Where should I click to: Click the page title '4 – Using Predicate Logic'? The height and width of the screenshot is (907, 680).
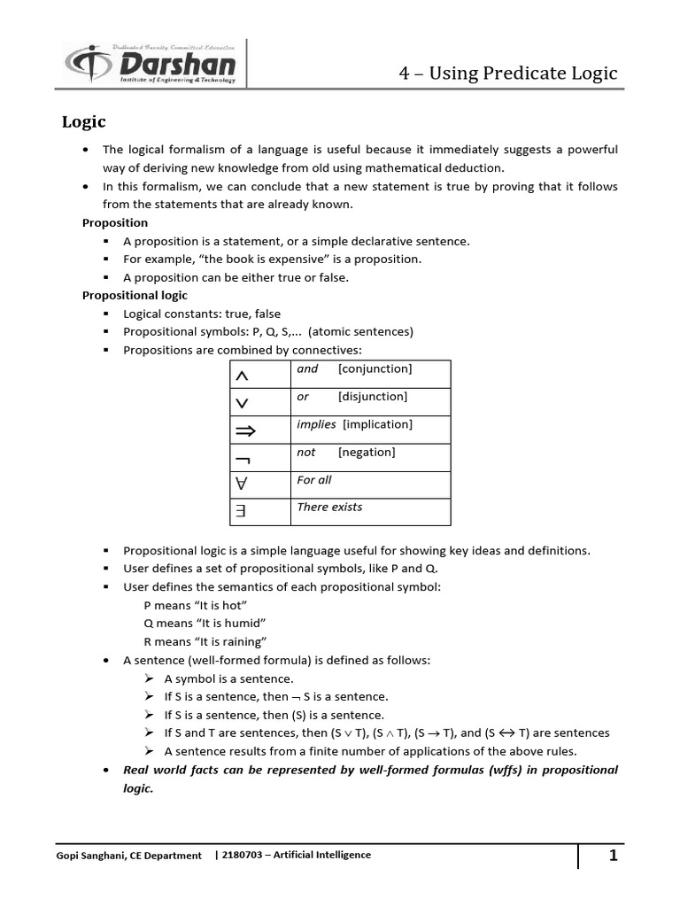[507, 73]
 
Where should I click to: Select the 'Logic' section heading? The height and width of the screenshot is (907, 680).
[83, 122]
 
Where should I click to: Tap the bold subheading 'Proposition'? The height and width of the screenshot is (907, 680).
[115, 222]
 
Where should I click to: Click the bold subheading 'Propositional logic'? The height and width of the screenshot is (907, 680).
[135, 295]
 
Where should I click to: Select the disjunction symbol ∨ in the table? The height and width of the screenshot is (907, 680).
[242, 404]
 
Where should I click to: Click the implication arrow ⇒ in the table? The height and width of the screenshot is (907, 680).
[245, 431]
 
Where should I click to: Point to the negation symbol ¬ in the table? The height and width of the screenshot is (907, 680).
[242, 459]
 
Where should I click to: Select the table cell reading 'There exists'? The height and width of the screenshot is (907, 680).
[329, 508]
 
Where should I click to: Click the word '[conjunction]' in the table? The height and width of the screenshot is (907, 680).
[375, 368]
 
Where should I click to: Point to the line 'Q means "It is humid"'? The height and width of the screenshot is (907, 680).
[205, 624]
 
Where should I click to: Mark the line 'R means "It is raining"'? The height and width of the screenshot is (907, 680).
[205, 642]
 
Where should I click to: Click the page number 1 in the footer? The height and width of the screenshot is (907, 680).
[613, 856]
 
